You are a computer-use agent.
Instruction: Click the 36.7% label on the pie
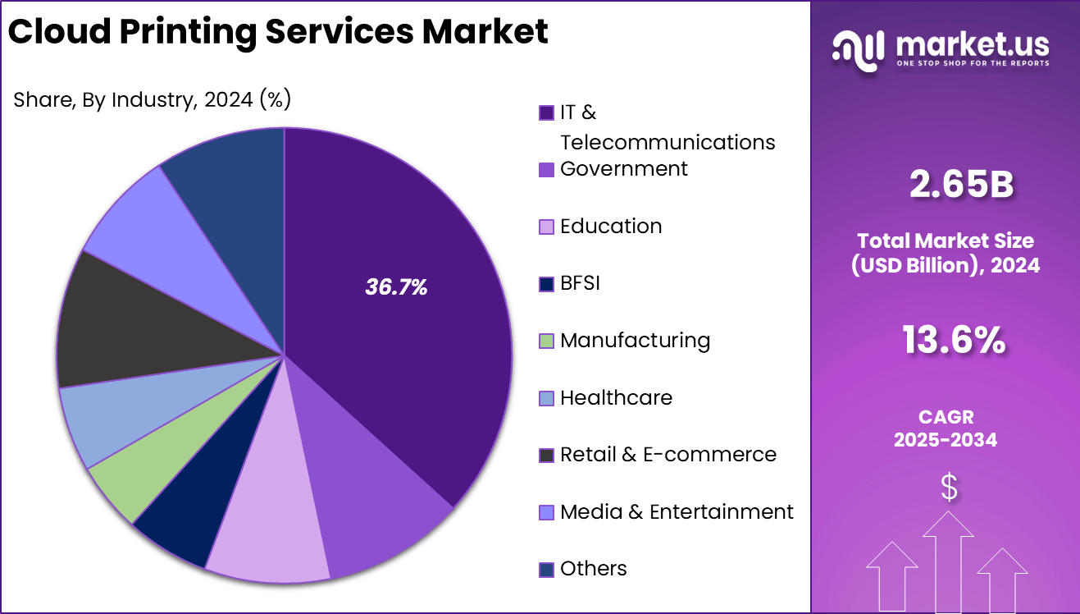pyautogui.click(x=396, y=287)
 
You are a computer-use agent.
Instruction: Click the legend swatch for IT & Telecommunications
pyautogui.click(x=546, y=113)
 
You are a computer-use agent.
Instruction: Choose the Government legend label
pyautogui.click(x=623, y=169)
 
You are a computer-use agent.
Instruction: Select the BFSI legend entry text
pyautogui.click(x=580, y=284)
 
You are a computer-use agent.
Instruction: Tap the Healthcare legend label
pyautogui.click(x=616, y=398)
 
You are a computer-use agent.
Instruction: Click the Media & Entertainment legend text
pyautogui.click(x=677, y=512)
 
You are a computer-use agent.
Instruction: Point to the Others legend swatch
pyautogui.click(x=546, y=570)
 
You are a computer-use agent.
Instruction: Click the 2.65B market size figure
pyautogui.click(x=961, y=185)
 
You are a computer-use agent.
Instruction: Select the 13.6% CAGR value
pyautogui.click(x=954, y=340)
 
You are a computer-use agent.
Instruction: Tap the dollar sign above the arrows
pyautogui.click(x=949, y=488)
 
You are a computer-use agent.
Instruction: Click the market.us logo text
pyautogui.click(x=972, y=41)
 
